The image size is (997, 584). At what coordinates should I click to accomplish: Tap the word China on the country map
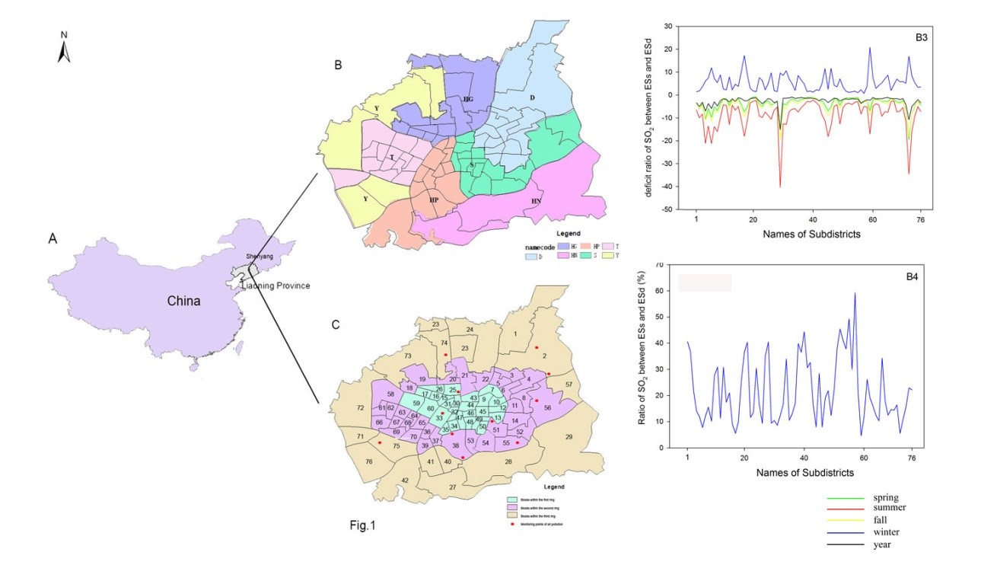click(183, 301)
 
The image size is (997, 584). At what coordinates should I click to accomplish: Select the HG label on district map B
click(468, 99)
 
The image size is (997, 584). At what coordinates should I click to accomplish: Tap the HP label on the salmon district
click(433, 199)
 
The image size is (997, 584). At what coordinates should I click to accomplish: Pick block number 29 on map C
click(568, 436)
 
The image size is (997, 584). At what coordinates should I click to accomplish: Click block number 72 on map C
click(361, 409)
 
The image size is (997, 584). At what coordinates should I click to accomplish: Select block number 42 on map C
click(405, 480)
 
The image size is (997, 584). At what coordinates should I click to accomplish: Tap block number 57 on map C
click(569, 385)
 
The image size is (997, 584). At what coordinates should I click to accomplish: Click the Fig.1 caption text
click(362, 525)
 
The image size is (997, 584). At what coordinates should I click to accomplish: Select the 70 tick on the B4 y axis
click(659, 265)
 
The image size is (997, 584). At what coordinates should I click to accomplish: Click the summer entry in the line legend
click(890, 507)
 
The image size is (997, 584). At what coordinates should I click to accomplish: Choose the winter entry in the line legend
click(887, 532)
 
